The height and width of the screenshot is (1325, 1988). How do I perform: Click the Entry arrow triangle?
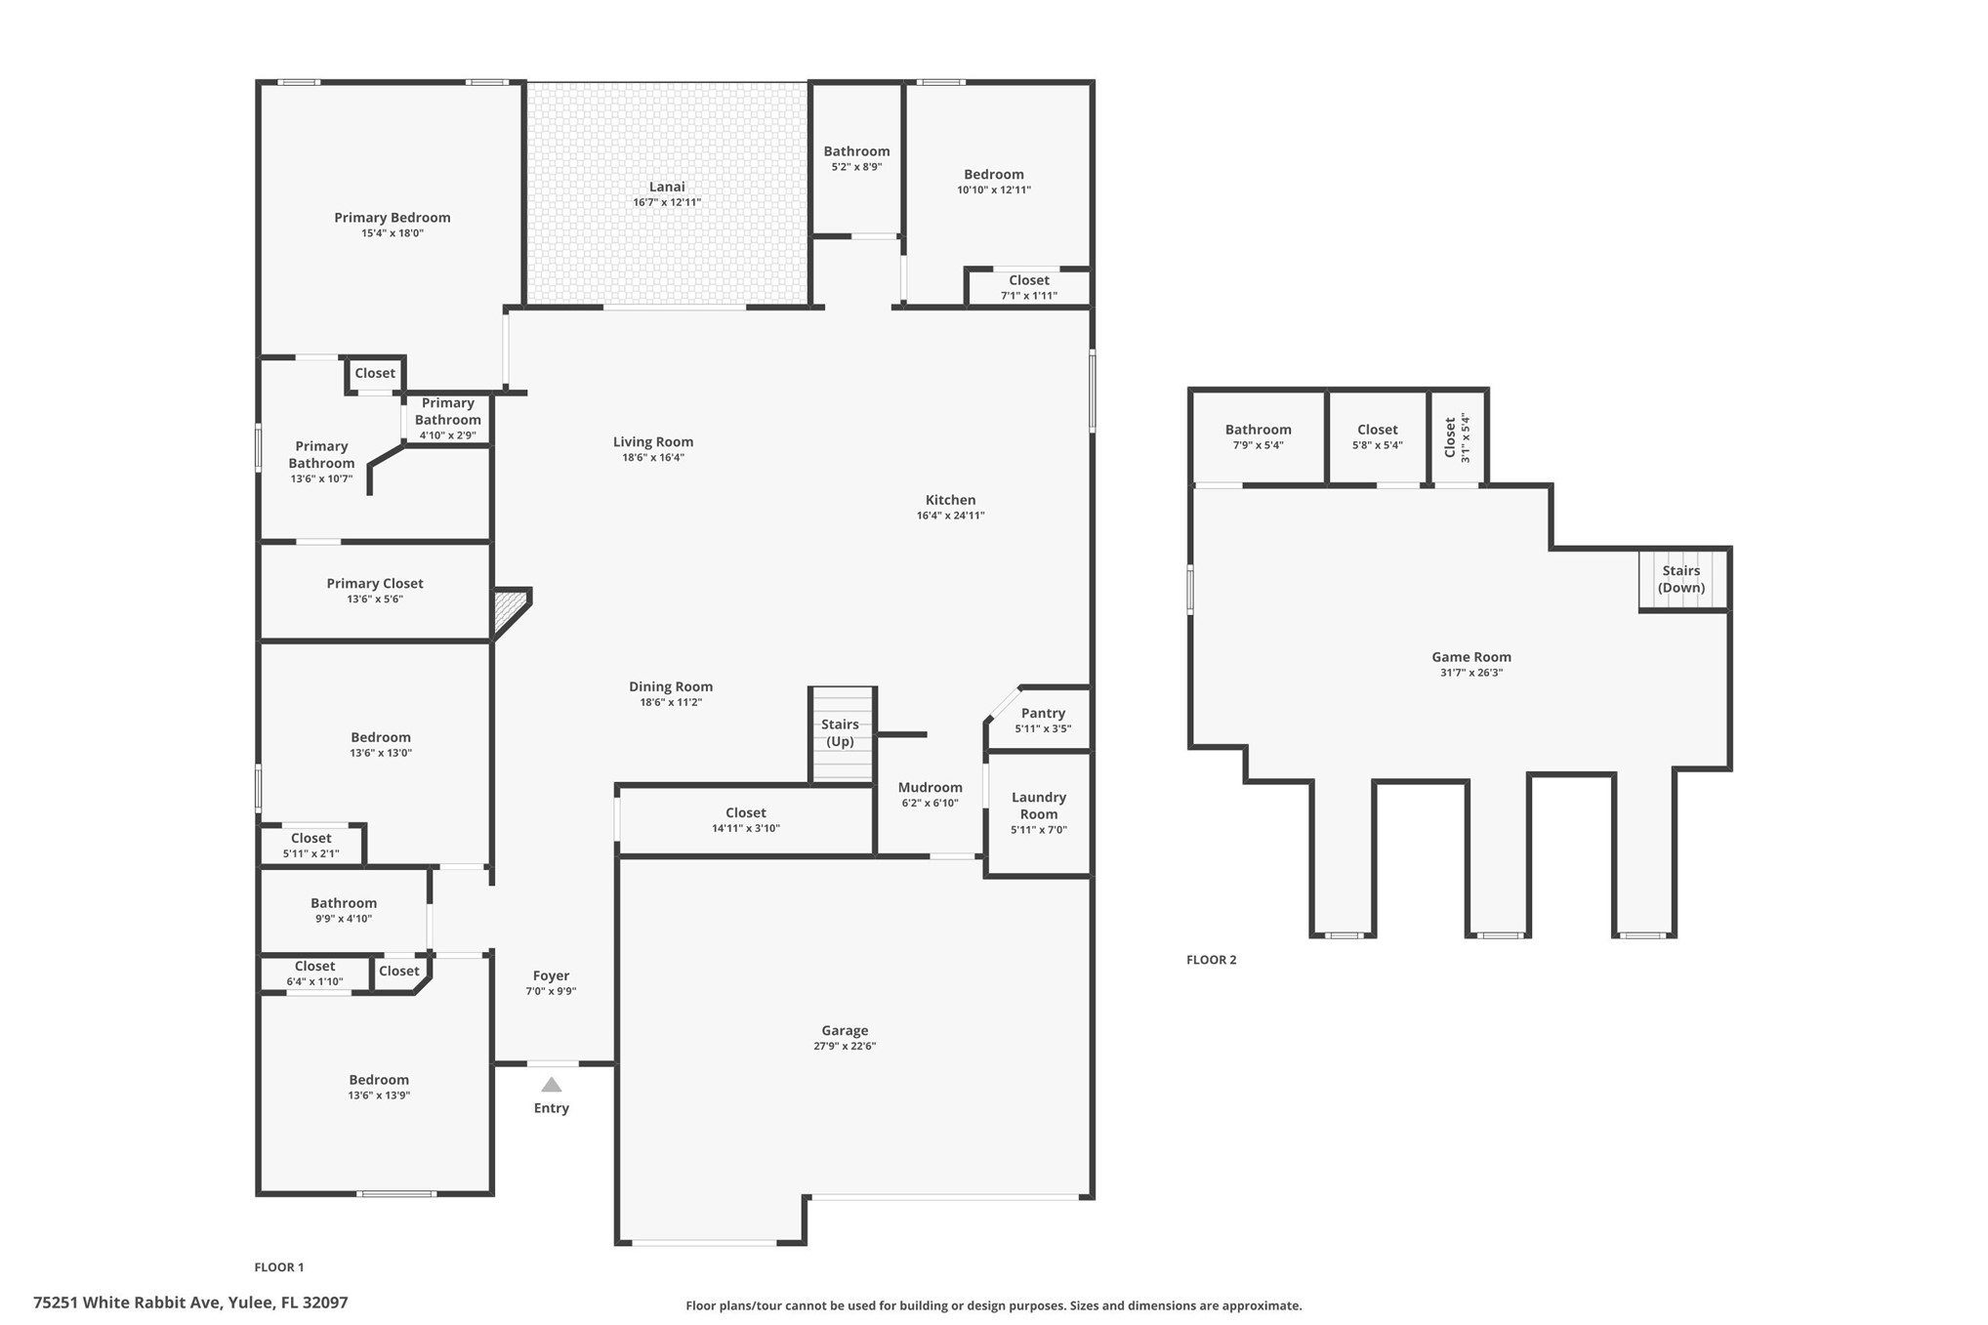552,1085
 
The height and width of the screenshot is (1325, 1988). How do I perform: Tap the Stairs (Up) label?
840,733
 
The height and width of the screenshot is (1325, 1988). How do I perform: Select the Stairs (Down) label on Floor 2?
1681,579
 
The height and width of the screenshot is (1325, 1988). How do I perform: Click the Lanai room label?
668,186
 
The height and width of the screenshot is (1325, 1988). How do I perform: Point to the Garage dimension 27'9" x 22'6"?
845,1046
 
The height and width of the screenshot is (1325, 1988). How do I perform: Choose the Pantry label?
1043,714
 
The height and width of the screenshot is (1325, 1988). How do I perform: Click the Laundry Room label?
1039,806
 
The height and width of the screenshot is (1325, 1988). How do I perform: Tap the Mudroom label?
931,787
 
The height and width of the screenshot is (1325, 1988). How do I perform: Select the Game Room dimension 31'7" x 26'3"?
1471,673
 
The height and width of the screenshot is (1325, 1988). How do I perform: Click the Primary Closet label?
375,584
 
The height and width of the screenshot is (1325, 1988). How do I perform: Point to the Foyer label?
552,975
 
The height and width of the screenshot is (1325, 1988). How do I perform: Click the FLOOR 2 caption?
1212,960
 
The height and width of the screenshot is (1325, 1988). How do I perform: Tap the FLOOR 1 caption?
279,1267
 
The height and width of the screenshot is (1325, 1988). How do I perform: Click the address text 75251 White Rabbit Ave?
128,1303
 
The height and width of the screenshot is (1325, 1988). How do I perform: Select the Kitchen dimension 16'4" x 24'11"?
951,516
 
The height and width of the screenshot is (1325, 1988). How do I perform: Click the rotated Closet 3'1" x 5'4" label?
1457,436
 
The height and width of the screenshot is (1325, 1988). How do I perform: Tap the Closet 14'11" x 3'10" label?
746,820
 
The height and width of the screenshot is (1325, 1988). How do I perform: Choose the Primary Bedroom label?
393,218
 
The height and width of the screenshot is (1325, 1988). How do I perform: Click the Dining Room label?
671,686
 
